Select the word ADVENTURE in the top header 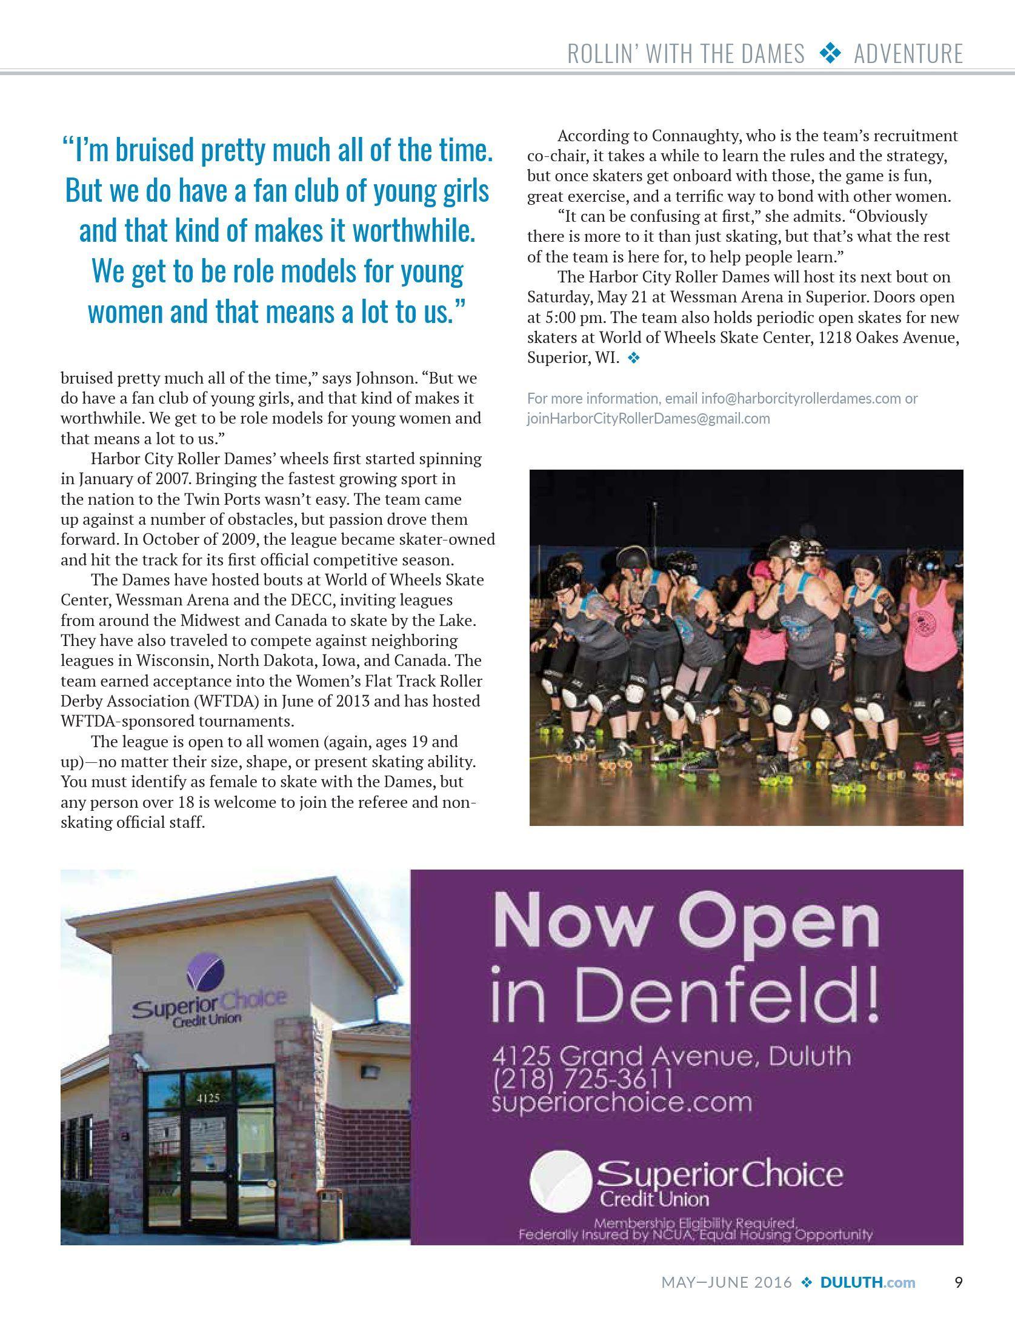[908, 55]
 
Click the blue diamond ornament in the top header [830, 55]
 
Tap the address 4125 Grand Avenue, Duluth [671, 1056]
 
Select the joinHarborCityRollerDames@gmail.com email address [648, 419]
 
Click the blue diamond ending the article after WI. [634, 358]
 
